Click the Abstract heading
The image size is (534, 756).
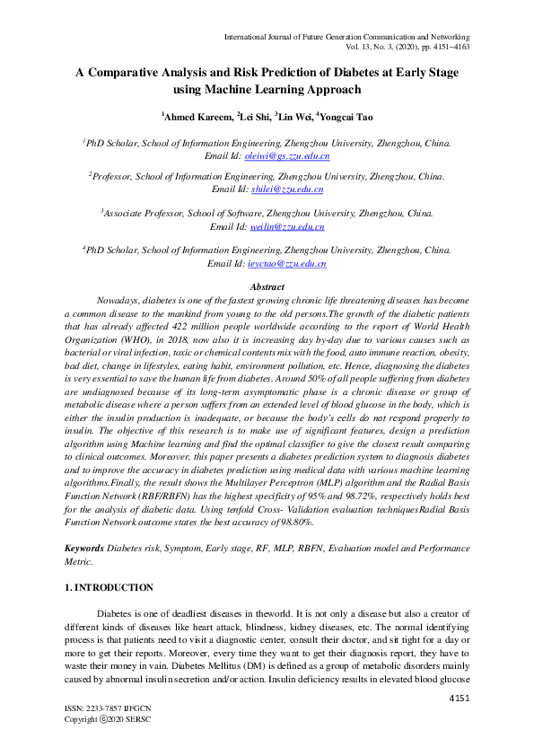[267, 286]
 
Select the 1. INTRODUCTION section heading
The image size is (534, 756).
[109, 588]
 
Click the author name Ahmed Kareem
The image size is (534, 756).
[198, 116]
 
